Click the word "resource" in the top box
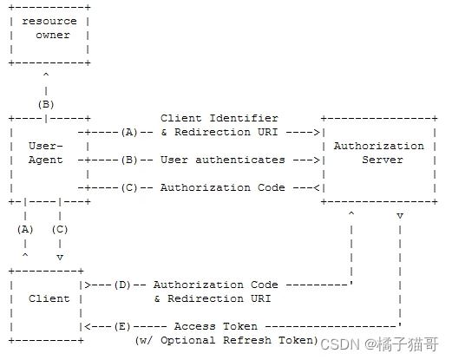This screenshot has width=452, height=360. pos(49,21)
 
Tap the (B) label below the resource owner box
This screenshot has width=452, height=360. pos(46,104)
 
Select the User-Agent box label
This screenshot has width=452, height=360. pos(46,153)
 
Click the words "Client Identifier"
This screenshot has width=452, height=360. pos(219,118)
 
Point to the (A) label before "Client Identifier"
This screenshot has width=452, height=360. pos(129,132)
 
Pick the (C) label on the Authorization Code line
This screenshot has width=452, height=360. pos(129,187)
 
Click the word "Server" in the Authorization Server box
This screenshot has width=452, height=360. pos(383,160)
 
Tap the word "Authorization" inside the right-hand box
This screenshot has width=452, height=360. pos(379,146)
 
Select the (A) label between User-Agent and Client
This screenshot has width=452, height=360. pos(25,229)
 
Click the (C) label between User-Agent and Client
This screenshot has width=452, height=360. pos(60,229)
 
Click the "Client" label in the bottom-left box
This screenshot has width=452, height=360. pos(49,298)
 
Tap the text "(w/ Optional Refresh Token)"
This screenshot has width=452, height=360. pos(226,340)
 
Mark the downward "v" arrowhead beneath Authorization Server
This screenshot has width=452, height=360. pos(400,214)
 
